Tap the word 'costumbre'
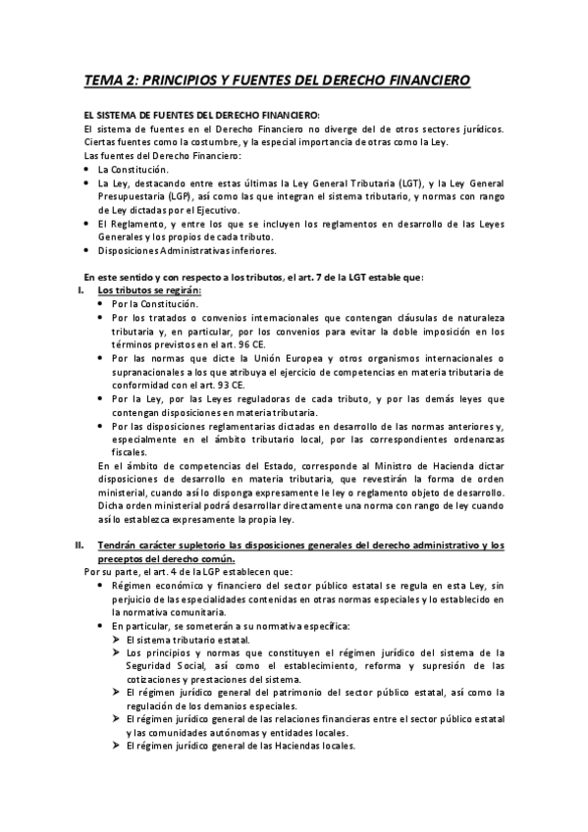[215, 142]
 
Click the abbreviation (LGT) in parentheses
[384, 182]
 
